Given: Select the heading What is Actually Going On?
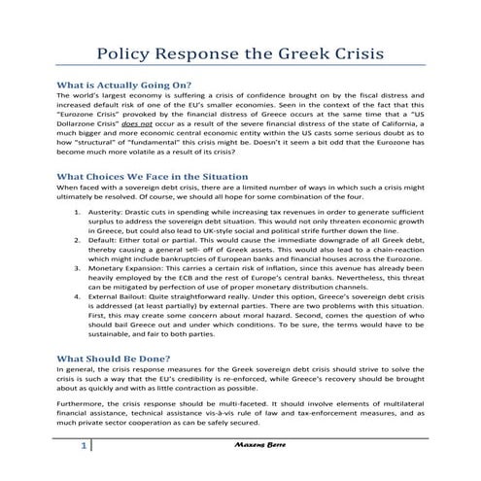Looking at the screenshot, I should coord(124,84).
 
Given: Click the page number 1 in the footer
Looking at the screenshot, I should coord(86,471).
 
